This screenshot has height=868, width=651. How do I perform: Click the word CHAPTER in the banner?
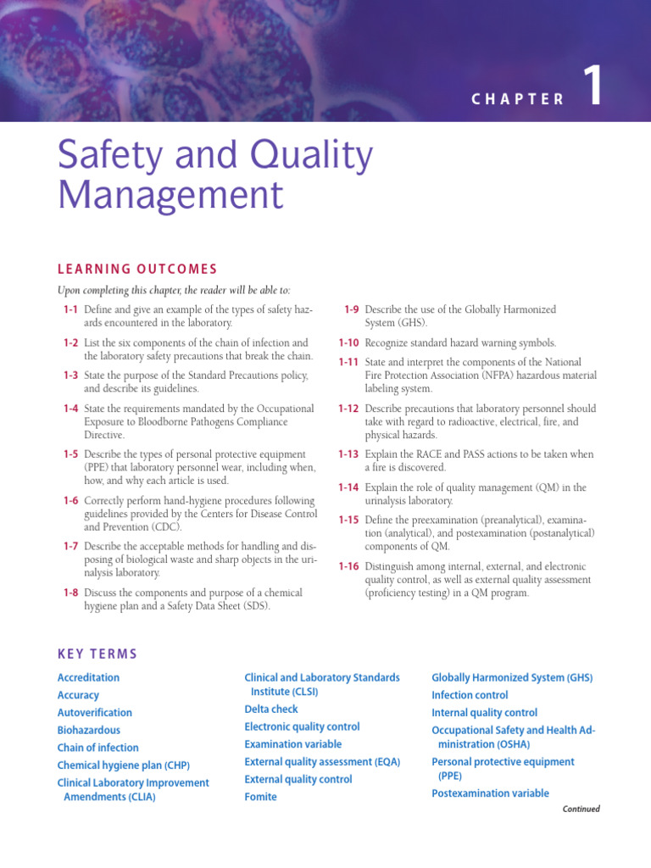coord(518,99)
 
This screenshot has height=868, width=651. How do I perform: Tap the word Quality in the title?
coord(303,157)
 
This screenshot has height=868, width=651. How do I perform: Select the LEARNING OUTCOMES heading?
coord(137,270)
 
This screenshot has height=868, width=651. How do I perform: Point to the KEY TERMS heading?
coord(97,654)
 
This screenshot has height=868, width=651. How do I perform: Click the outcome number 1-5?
coord(70,454)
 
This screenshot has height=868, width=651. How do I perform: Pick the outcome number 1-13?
coord(348,454)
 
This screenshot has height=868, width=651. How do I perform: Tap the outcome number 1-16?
coord(348,565)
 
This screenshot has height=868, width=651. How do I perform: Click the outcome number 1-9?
coord(352,309)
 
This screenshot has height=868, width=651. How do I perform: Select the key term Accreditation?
coord(88,677)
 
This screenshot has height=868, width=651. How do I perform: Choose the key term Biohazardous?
coord(89,730)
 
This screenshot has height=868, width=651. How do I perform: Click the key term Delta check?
coord(271,709)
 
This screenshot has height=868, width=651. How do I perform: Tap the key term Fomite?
coord(261,797)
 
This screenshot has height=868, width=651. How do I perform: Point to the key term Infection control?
coord(470,695)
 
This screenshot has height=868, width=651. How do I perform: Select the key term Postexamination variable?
coord(490,793)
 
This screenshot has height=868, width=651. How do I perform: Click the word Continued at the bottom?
coord(581,810)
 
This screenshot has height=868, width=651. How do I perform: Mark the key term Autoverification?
coord(95,713)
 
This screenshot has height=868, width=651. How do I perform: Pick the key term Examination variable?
coord(293,744)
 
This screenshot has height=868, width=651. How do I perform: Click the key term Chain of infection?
coord(98,748)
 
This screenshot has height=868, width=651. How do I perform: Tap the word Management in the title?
coord(170,195)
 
